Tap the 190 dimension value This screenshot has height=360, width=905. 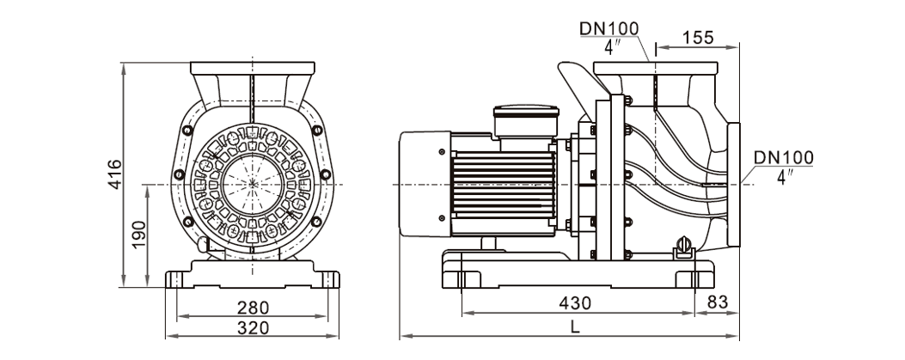tap(138, 232)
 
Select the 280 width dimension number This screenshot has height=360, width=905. tap(254, 307)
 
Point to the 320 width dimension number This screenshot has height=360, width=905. tap(254, 327)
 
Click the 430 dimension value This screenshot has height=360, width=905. tap(575, 303)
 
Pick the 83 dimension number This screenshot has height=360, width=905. tap(716, 303)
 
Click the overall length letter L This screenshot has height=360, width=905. tap(575, 326)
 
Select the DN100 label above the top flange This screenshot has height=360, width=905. tap(608, 27)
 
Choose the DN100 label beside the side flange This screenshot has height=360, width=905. tap(782, 159)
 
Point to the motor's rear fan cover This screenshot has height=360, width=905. tap(424, 184)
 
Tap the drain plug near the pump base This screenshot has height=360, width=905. tap(684, 248)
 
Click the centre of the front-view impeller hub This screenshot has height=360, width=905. tap(254, 184)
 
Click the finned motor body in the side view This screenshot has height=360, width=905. tap(507, 184)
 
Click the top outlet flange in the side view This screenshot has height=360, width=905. tap(655, 68)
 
